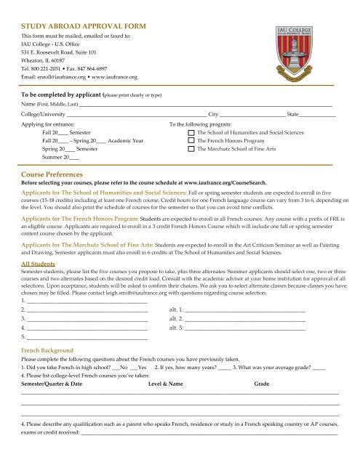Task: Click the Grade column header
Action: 262,382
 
